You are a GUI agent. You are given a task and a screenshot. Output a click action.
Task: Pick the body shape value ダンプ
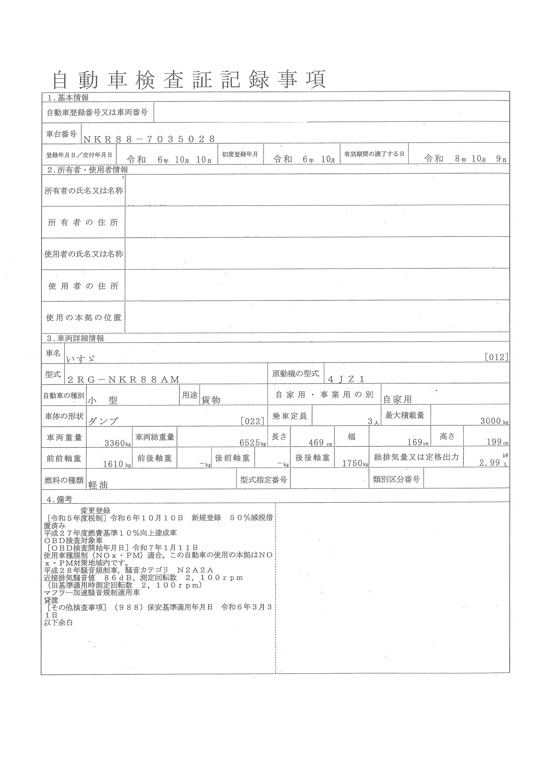pyautogui.click(x=103, y=421)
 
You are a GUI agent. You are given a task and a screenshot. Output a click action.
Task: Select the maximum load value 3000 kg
pyautogui.click(x=494, y=421)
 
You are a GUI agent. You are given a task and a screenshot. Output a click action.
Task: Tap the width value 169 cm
pyautogui.click(x=418, y=442)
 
